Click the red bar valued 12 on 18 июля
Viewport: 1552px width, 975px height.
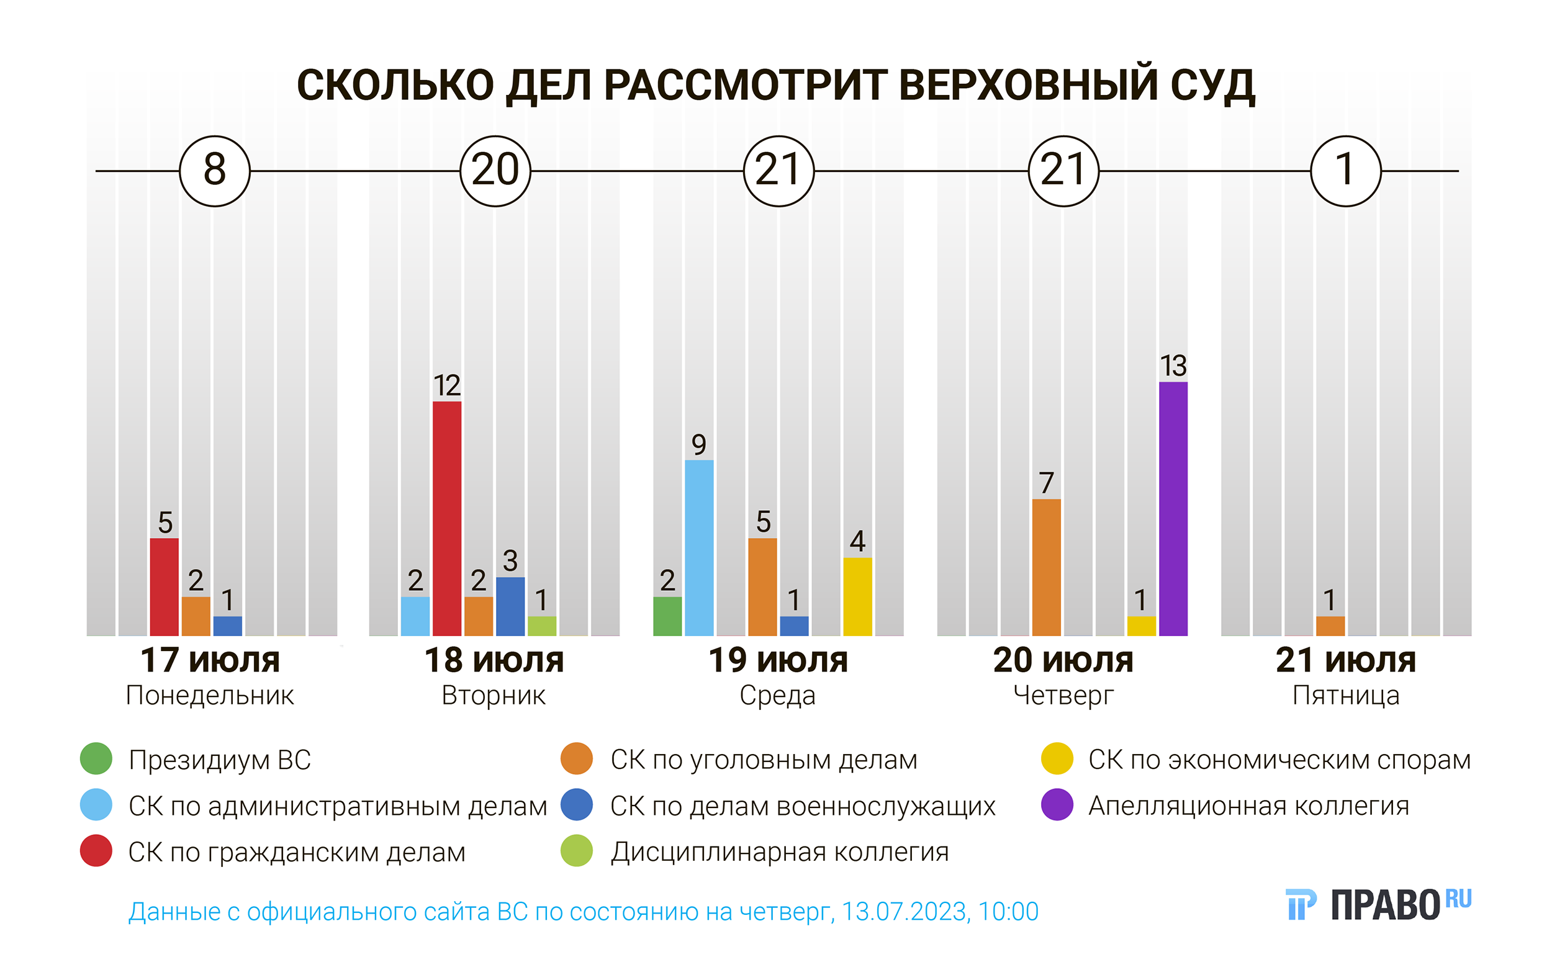[x=446, y=518]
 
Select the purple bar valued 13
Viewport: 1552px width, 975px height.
[x=1173, y=508]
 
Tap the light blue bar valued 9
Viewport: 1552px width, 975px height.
[x=698, y=548]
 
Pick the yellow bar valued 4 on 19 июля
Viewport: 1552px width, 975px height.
[x=857, y=596]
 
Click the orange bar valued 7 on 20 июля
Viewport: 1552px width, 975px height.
[x=1046, y=567]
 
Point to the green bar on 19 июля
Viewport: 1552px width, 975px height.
[x=667, y=616]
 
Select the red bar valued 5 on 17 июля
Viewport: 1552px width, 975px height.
[x=165, y=586]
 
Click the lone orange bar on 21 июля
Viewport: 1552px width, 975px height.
[x=1330, y=626]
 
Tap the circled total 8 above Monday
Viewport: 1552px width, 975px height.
[x=215, y=171]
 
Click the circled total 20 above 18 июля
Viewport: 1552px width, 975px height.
[x=495, y=171]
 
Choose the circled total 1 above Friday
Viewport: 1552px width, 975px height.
[x=1346, y=171]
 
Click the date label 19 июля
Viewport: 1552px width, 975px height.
[x=778, y=660]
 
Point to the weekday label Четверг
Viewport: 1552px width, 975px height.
[x=1063, y=695]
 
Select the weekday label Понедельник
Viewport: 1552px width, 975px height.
[x=210, y=695]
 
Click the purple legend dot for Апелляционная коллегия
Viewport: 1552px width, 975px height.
[x=1057, y=805]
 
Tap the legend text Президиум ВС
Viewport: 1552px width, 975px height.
[x=220, y=760]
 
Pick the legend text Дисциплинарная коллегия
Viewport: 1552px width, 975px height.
[x=780, y=852]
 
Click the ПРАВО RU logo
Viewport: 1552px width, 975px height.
[x=1379, y=904]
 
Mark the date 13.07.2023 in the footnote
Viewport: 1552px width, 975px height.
[x=905, y=911]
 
